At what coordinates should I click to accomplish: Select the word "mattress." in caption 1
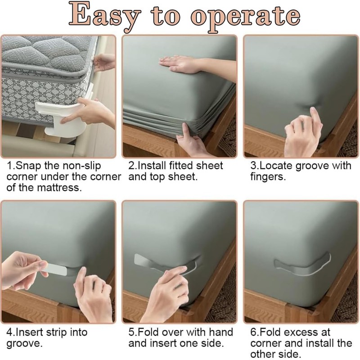pyautogui.click(x=59, y=188)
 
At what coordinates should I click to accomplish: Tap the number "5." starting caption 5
pyautogui.click(x=132, y=333)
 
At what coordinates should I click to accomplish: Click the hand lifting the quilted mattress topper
pyautogui.click(x=104, y=63)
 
